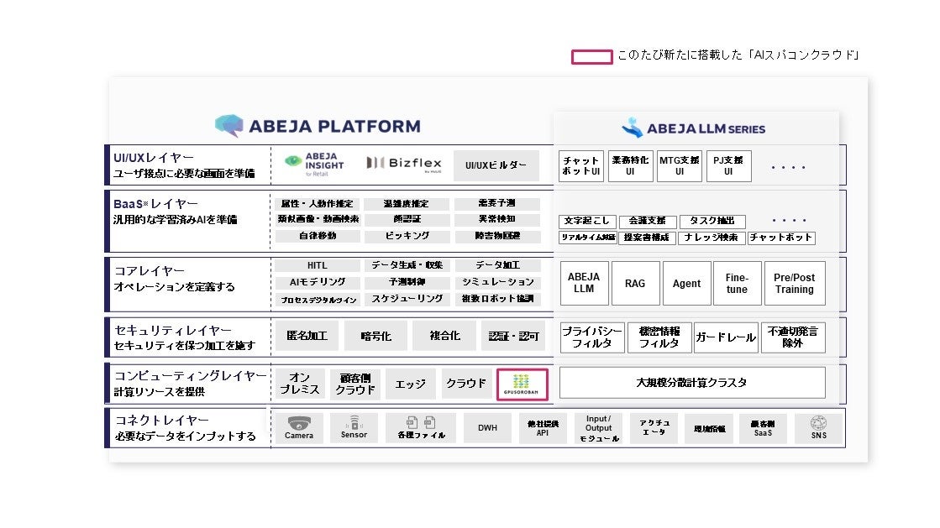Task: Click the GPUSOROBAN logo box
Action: pyautogui.click(x=523, y=384)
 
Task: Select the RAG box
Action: pyautogui.click(x=635, y=284)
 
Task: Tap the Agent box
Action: pyautogui.click(x=686, y=284)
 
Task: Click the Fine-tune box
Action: pyautogui.click(x=737, y=284)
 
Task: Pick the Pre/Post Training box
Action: pyautogui.click(x=794, y=284)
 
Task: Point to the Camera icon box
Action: pyautogui.click(x=299, y=428)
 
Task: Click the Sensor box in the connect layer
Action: pyautogui.click(x=354, y=428)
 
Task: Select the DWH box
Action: pyautogui.click(x=487, y=428)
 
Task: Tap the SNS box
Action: pyautogui.click(x=818, y=428)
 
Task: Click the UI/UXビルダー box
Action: pyautogui.click(x=496, y=165)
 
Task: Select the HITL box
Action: pyautogui.click(x=317, y=265)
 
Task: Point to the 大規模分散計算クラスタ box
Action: pyautogui.click(x=691, y=383)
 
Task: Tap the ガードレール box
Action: pyautogui.click(x=725, y=337)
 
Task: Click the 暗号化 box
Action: pyautogui.click(x=375, y=336)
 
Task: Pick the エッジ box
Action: pyautogui.click(x=411, y=384)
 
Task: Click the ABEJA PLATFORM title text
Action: pyautogui.click(x=318, y=127)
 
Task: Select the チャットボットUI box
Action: pyautogui.click(x=581, y=166)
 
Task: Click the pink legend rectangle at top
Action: pyautogui.click(x=591, y=57)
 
